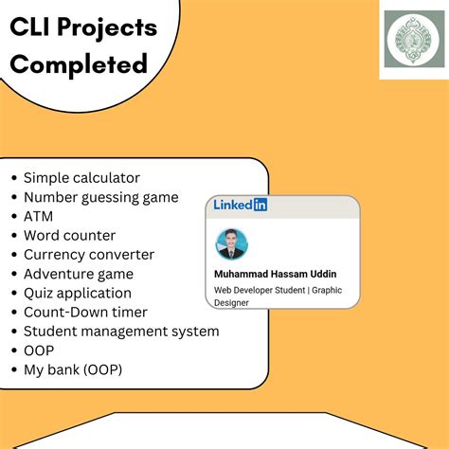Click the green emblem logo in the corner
point(411,45)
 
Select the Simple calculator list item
point(81,177)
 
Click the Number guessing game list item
point(100,197)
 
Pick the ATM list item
point(39,216)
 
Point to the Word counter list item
point(69,235)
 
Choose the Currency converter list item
point(88,254)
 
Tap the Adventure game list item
point(79,274)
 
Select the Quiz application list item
point(78,293)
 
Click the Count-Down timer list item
point(86,312)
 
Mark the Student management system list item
point(121,331)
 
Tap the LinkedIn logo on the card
point(240,204)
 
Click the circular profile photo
point(232,243)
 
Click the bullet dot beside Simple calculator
point(13,178)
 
